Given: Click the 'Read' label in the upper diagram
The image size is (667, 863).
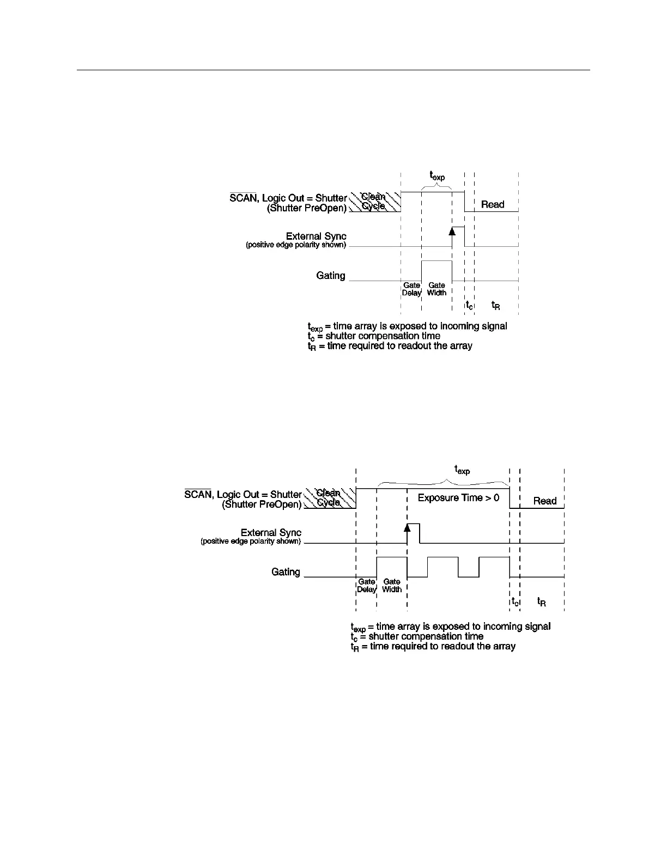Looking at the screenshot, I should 493,204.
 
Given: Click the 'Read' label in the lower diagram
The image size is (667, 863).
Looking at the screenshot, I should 545,501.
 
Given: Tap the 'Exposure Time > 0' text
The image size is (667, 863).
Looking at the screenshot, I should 458,497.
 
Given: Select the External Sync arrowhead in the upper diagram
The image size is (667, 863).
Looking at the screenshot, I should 452,230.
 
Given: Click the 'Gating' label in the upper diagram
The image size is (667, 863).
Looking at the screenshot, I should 331,276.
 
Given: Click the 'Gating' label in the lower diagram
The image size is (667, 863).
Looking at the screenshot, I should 286,572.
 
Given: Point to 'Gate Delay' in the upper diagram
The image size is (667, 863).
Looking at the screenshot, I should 411,289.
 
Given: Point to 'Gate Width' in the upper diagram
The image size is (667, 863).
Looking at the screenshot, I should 436,289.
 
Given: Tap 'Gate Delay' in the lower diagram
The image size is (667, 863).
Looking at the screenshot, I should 367,586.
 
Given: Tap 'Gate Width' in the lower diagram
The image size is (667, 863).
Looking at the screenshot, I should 392,586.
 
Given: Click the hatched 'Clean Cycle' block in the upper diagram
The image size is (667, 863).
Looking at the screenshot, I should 374,202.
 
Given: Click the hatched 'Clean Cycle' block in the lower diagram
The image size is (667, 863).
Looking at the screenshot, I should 329,498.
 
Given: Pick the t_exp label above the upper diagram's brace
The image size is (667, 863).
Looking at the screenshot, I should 437,175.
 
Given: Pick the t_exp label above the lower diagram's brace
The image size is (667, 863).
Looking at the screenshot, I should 462,469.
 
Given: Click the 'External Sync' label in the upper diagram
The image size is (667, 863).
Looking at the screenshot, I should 316,236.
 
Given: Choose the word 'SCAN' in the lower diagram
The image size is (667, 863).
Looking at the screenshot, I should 197,494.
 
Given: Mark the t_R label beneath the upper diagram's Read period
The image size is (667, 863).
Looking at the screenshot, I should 496,306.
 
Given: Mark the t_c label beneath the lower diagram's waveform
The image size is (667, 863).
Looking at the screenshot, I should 515,602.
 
